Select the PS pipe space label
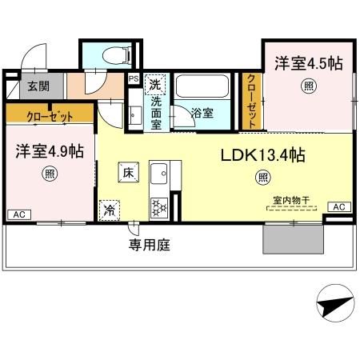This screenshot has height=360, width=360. [x=133, y=79]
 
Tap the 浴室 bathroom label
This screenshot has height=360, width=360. [x=202, y=113]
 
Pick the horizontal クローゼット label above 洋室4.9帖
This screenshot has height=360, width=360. [x=48, y=115]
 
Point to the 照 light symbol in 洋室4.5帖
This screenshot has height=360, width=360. [x=308, y=86]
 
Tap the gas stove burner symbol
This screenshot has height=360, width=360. [x=158, y=206]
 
